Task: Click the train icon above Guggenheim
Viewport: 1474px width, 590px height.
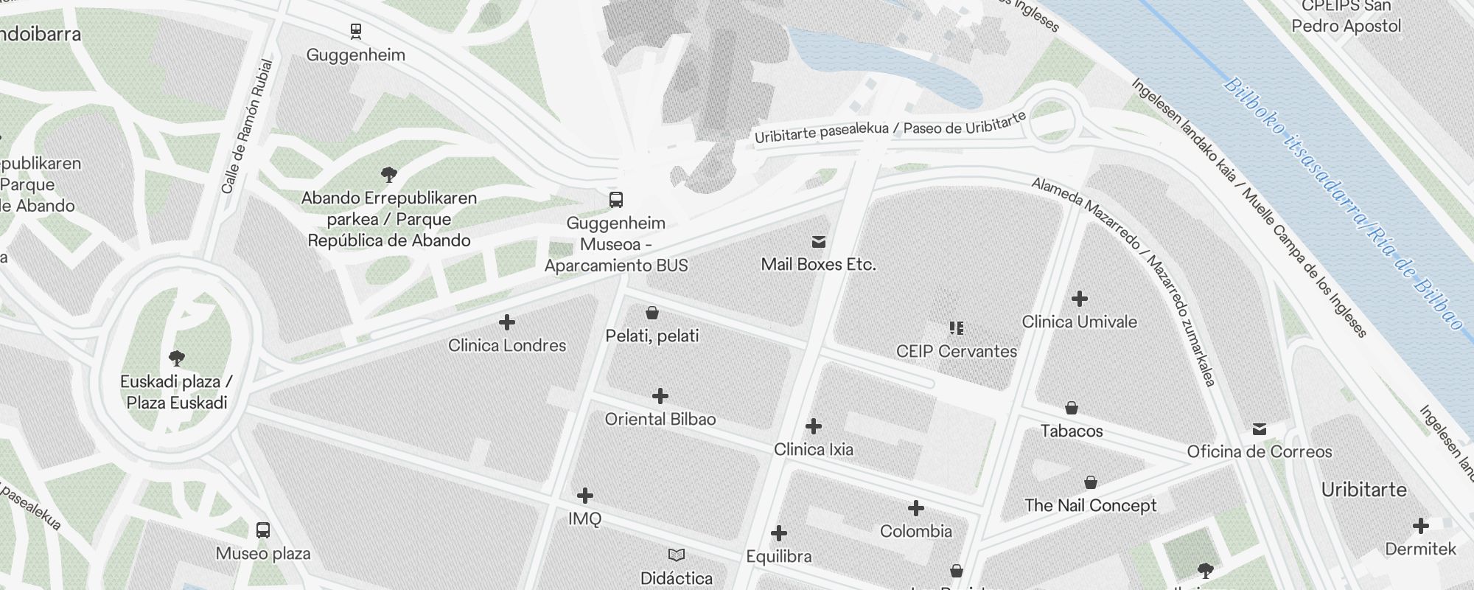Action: pos(356,31)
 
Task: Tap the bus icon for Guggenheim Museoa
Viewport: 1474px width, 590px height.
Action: pos(616,199)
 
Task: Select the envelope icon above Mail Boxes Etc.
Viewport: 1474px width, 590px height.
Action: pos(818,241)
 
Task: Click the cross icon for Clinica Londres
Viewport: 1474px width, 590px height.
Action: pos(507,322)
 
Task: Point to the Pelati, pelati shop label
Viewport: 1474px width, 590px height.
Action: pos(652,336)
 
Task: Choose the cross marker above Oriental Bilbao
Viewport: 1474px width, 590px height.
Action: pos(660,396)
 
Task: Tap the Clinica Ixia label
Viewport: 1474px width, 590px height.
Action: pos(813,449)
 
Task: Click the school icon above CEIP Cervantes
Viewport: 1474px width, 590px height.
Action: pos(956,327)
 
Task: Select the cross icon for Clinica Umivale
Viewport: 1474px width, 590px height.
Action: pos(1080,299)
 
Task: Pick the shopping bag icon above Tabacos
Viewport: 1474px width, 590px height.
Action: pos(1072,408)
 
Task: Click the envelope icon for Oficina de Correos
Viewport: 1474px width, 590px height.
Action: pos(1260,428)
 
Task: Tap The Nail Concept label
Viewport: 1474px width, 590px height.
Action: pos(1090,505)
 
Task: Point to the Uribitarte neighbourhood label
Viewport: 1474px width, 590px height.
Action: pos(1363,490)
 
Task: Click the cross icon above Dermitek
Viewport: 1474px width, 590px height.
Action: pos(1421,526)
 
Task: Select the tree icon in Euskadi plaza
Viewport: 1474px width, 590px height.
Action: pos(176,358)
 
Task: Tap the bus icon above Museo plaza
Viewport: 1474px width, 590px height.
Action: pos(263,530)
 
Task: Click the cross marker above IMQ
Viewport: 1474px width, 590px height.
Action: pos(585,495)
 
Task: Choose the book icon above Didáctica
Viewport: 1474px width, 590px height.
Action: pos(676,555)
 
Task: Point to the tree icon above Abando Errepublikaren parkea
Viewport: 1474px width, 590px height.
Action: pos(389,175)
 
